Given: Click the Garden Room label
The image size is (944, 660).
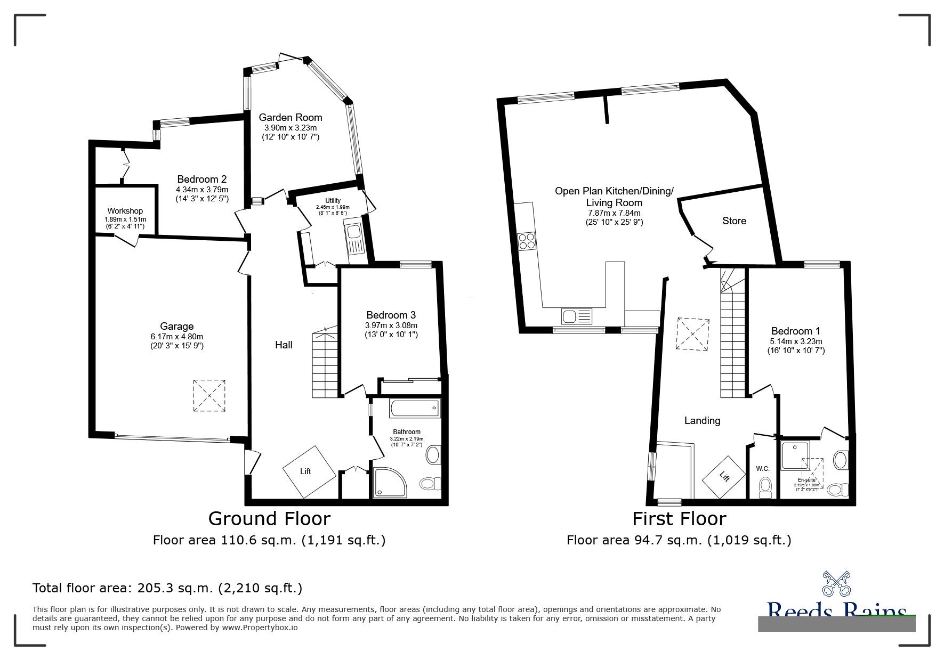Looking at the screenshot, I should [x=291, y=117].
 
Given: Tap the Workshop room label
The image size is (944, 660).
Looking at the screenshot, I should [x=125, y=211].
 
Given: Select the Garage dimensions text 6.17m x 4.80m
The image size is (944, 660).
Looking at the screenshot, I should [x=177, y=336].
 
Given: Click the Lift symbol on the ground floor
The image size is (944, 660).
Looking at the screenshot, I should [x=309, y=471].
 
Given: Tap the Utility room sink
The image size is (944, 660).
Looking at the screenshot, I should [x=354, y=233].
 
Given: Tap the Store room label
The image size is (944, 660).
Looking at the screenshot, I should [x=734, y=221].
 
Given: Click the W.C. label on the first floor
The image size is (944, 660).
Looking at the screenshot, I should [x=762, y=469].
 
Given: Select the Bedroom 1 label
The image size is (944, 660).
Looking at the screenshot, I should [x=792, y=331].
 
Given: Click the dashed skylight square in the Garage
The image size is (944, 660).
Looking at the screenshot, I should [x=209, y=395].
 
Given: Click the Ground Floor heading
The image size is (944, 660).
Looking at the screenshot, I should [x=269, y=518].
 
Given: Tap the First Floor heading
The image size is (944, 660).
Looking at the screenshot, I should [x=679, y=518].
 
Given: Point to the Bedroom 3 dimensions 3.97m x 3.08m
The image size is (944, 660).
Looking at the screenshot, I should [x=391, y=325].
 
